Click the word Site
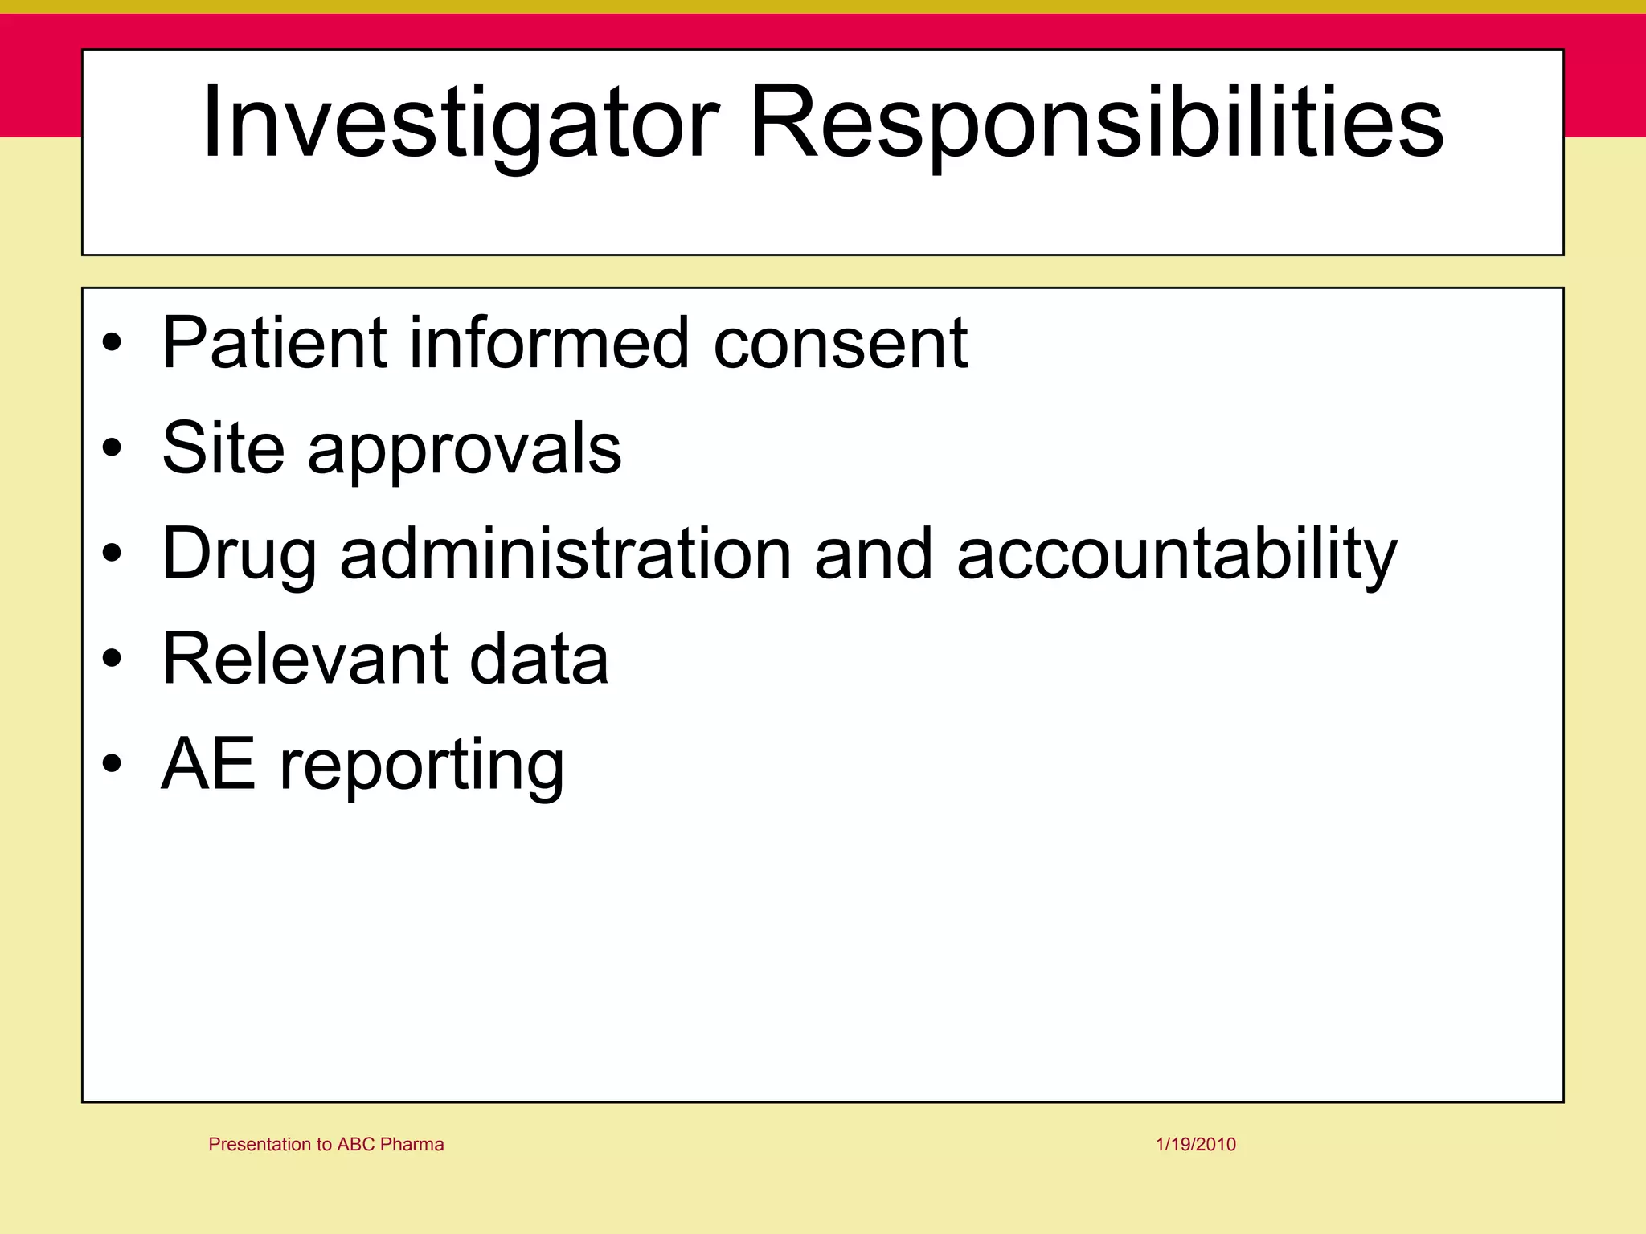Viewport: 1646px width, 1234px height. (x=223, y=447)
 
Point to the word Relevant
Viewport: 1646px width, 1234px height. (x=304, y=659)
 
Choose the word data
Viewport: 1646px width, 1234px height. (x=538, y=659)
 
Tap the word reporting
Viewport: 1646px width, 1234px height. (x=421, y=767)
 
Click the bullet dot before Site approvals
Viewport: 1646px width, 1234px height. (x=113, y=447)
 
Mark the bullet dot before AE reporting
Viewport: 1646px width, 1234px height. (x=113, y=763)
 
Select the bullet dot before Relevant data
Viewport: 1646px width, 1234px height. (x=113, y=659)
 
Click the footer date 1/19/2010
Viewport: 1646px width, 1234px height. (x=1196, y=1144)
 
